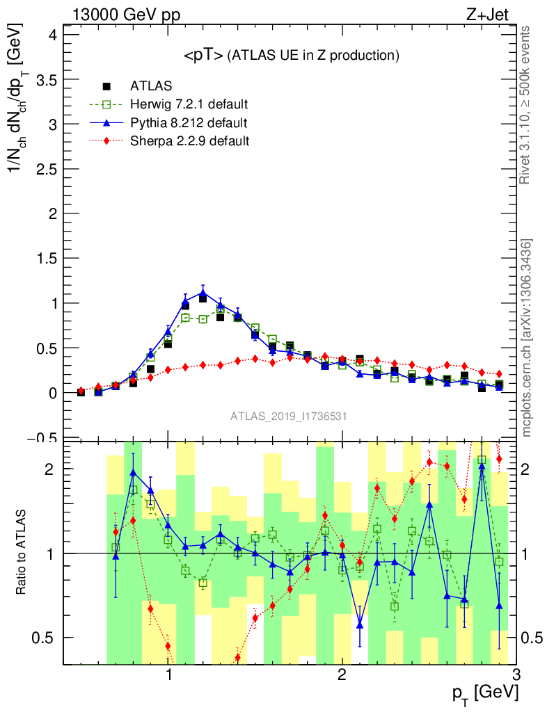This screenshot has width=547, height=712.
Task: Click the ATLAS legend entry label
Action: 151,86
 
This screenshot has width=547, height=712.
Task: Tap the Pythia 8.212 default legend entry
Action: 188,123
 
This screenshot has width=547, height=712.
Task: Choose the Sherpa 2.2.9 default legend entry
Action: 190,141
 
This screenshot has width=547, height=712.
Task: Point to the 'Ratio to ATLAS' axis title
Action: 22,552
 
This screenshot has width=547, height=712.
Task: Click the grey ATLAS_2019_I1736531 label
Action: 289,416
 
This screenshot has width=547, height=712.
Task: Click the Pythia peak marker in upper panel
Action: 203,293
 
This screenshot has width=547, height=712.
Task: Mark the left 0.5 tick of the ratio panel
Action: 47,638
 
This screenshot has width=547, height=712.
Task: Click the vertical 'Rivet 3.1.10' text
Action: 527,105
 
